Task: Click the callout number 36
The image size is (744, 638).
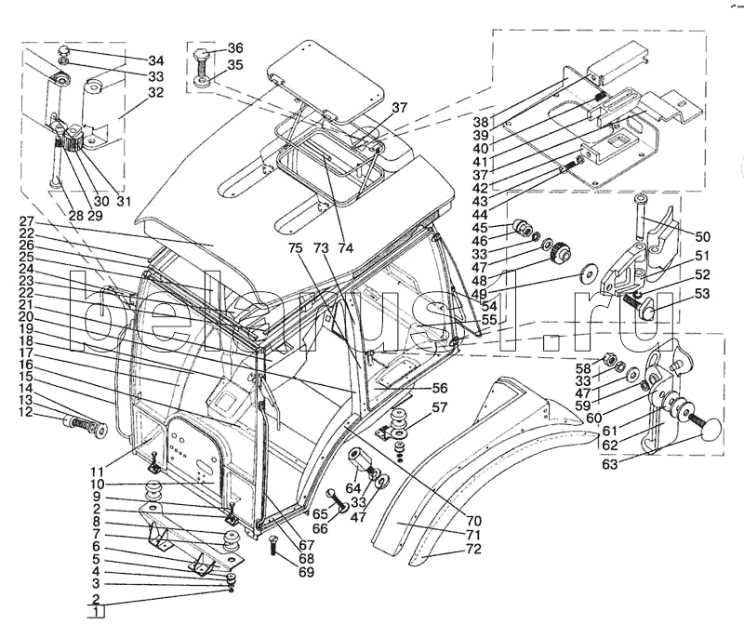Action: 235,48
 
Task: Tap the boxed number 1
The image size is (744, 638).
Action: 97,612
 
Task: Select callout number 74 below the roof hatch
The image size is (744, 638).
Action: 346,247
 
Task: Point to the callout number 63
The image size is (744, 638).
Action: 610,464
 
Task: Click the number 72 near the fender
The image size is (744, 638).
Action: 473,549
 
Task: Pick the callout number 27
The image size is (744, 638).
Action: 27,221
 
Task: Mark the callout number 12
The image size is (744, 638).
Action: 26,412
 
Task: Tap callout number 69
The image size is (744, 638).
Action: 307,572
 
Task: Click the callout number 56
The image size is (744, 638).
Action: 440,388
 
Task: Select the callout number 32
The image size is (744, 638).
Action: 155,92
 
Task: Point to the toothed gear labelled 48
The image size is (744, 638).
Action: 560,253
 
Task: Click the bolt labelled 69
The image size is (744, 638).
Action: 274,547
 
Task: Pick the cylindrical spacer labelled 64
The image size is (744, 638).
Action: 360,459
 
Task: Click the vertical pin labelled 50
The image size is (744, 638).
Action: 640,217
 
